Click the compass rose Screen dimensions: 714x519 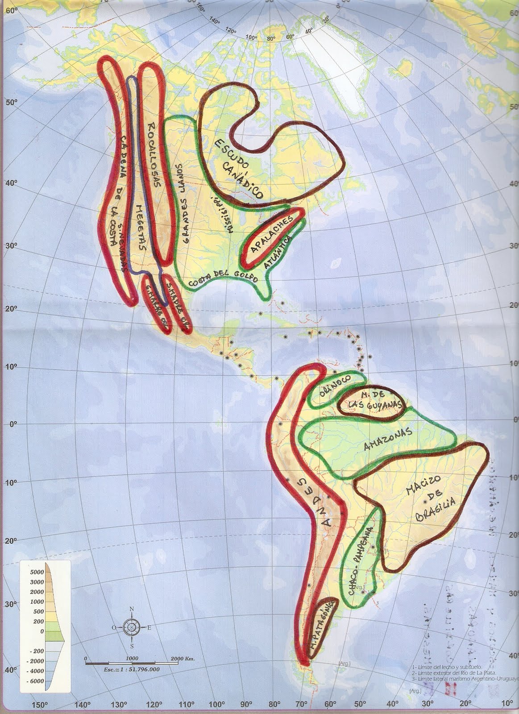coord(132,627)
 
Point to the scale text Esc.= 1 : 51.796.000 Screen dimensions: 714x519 coord(129,669)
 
